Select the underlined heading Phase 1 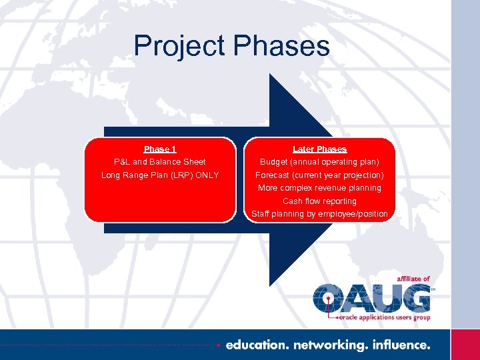click(160, 149)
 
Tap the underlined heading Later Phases click(320, 149)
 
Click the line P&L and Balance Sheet click(160, 162)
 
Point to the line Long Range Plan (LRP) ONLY click(160, 175)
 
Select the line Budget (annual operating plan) click(320, 162)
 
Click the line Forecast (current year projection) click(320, 175)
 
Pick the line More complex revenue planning click(320, 188)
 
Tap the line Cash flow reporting click(320, 201)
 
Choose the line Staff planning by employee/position click(320, 214)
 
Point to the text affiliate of click(413, 279)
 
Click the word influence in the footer click(400, 345)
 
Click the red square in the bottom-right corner click(465, 345)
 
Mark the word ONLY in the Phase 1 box click(207, 175)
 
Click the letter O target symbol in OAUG click(328, 298)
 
